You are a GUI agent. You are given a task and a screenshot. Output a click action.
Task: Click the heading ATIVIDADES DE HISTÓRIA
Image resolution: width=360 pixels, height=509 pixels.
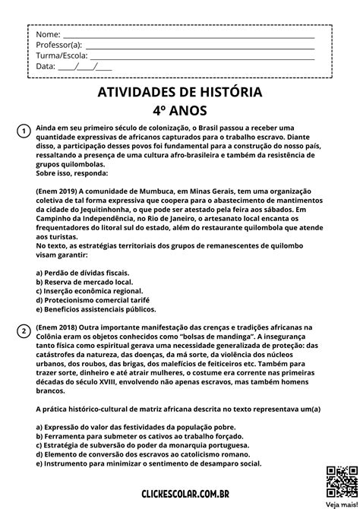[x=180, y=92]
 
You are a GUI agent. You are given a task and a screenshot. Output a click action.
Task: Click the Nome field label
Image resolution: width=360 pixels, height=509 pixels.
[x=47, y=35]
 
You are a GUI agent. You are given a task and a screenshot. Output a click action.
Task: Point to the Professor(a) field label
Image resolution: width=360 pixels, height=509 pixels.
[x=58, y=45]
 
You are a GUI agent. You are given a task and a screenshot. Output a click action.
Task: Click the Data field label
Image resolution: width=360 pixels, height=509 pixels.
[x=46, y=66]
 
